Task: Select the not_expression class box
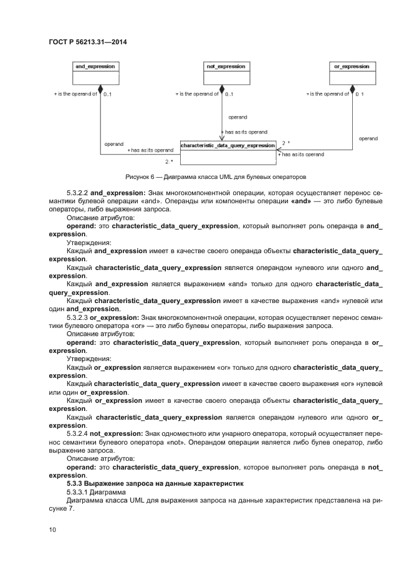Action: click(226, 72)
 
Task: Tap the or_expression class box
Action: click(352, 72)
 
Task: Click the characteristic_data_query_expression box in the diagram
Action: click(228, 149)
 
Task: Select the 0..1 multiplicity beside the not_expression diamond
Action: click(229, 95)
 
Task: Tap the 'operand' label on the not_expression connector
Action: click(237, 117)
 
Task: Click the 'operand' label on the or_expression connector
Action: click(368, 138)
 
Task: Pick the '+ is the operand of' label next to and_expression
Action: click(75, 94)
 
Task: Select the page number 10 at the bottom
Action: click(53, 530)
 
